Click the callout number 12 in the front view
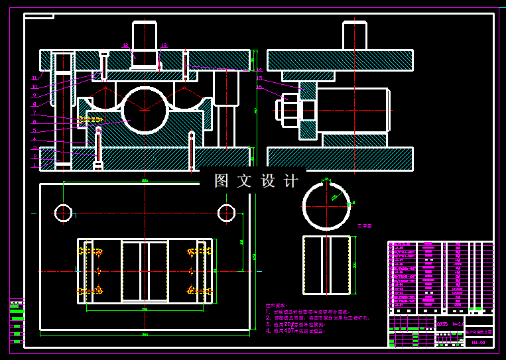(125, 46)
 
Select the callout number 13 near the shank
(163, 46)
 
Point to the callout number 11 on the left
(34, 78)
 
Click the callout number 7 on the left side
(34, 113)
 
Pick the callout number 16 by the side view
(259, 86)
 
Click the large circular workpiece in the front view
(145, 110)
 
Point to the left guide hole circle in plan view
(63, 213)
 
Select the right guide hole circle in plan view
(226, 213)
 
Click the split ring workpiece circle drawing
(326, 204)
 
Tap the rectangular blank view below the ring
(326, 265)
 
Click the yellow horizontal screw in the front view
(90, 120)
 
